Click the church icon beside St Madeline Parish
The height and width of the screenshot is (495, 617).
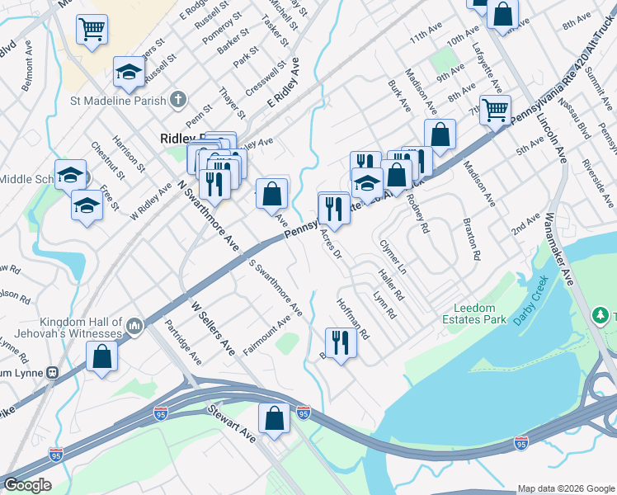177,101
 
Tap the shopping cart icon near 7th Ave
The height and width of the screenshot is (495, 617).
495,110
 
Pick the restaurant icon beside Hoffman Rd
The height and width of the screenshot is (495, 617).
339,342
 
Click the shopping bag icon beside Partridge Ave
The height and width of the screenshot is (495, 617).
101,357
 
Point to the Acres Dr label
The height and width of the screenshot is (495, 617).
331,244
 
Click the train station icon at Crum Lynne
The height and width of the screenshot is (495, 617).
54,372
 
